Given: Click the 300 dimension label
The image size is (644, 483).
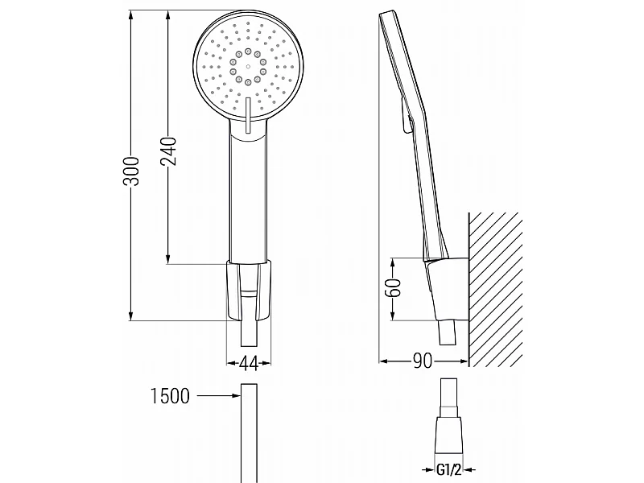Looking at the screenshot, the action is point(131,171).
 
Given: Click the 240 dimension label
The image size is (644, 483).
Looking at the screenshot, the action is point(168,151).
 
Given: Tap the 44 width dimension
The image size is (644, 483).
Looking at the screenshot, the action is point(249,364).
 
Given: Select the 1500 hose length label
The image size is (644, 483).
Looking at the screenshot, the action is point(171,396).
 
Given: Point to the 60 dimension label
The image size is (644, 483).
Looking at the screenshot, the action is point(393,287).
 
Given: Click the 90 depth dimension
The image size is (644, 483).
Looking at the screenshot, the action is point(423,361).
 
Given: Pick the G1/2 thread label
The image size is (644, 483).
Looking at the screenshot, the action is point(448,469).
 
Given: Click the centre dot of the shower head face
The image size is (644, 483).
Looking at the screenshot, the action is point(248,66).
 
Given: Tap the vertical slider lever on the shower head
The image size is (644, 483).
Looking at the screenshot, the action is point(248,115).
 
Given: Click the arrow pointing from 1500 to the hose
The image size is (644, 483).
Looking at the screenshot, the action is point(218,396).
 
